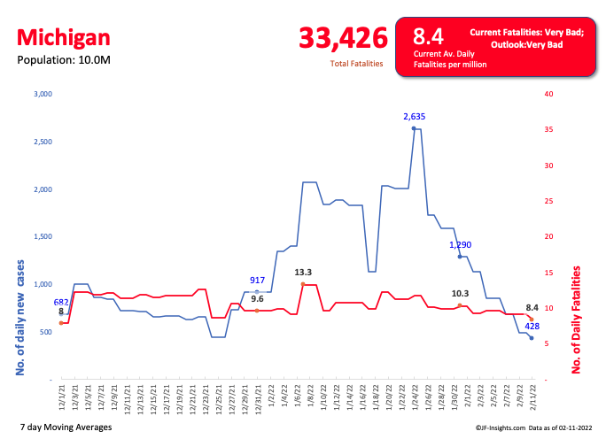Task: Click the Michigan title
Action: (64, 37)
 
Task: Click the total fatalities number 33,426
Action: (344, 39)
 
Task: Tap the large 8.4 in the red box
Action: (429, 36)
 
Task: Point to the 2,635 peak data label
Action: (415, 116)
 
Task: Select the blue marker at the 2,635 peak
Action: (414, 128)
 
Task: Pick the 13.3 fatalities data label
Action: (303, 273)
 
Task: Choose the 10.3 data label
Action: (460, 293)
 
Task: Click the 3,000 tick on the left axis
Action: (43, 94)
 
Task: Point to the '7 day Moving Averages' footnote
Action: (65, 427)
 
